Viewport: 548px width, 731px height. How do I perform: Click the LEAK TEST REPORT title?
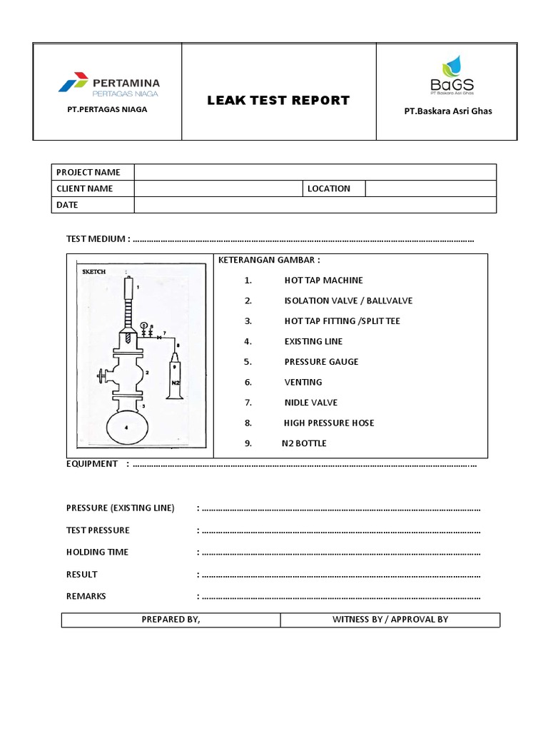pyautogui.click(x=278, y=101)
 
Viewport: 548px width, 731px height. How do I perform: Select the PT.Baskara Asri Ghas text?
pyautogui.click(x=447, y=111)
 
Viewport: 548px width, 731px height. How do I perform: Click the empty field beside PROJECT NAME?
pyautogui.click(x=315, y=172)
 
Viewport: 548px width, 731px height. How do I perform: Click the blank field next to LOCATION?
pyautogui.click(x=430, y=188)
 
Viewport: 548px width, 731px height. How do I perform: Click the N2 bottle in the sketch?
pyautogui.click(x=175, y=379)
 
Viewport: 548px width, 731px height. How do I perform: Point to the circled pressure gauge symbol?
pyautogui.click(x=143, y=326)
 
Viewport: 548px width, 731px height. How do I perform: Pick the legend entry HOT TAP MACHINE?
pyautogui.click(x=323, y=281)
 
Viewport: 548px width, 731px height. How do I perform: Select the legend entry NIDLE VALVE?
pyautogui.click(x=310, y=403)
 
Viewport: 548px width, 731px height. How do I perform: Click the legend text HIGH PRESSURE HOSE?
pyautogui.click(x=329, y=423)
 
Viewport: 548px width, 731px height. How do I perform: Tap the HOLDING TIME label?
pyautogui.click(x=98, y=552)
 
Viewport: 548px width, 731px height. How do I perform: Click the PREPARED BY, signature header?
pyautogui.click(x=171, y=619)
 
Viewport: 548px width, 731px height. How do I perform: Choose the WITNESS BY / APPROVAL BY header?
pyautogui.click(x=390, y=619)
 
